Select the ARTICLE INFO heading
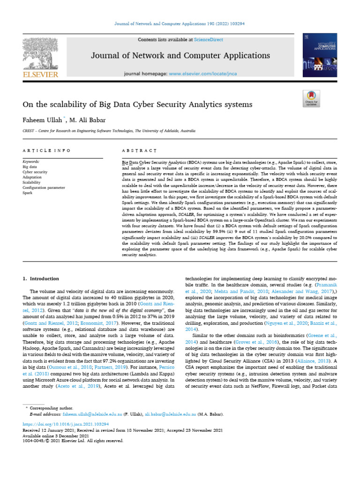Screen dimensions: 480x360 pyautogui.click(x=46, y=150)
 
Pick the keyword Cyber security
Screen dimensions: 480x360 pyautogui.click(x=35, y=172)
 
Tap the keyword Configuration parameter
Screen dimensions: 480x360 pyautogui.click(x=44, y=187)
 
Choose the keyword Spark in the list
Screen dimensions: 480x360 pyautogui.click(x=28, y=193)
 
